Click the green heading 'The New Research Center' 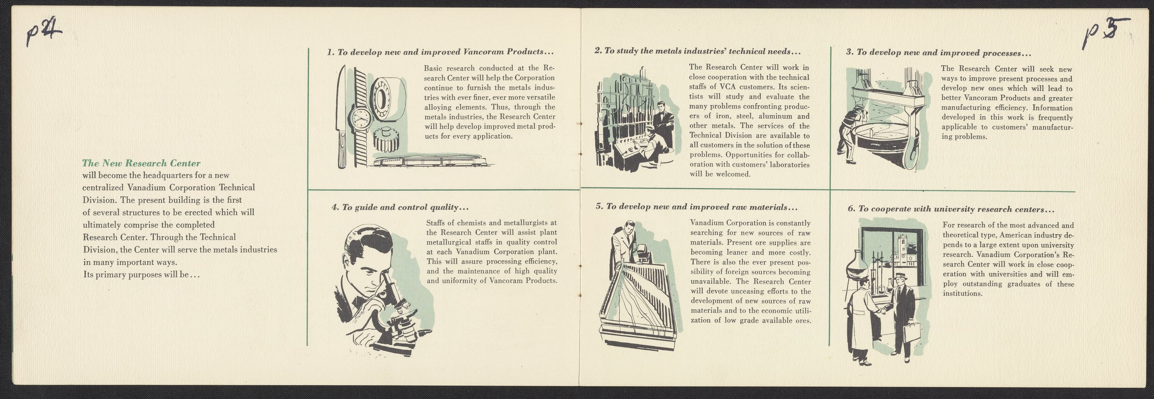(x=141, y=163)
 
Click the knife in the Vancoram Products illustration (x=342, y=117)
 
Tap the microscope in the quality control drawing (x=394, y=314)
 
